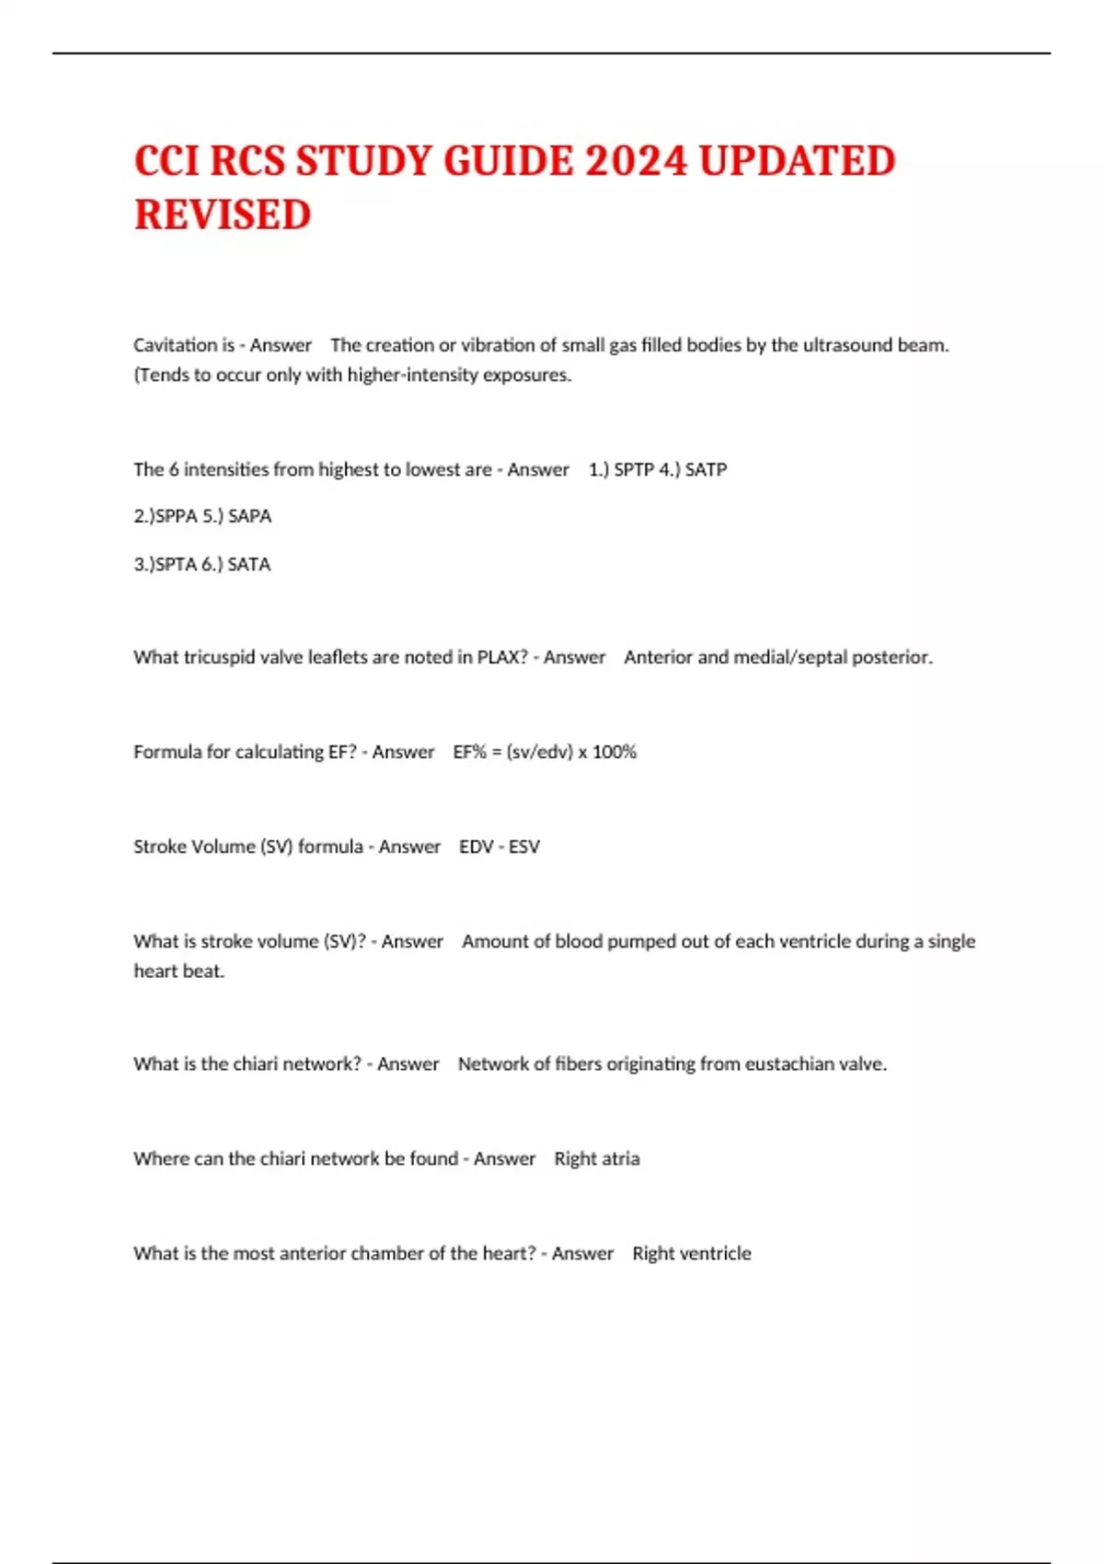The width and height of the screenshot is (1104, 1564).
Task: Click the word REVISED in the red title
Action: tap(223, 215)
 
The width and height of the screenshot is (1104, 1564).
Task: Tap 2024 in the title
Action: tap(636, 161)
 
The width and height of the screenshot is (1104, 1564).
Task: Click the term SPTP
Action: tap(634, 469)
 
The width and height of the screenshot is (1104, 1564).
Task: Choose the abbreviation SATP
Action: tap(706, 469)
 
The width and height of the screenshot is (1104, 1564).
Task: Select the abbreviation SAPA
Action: tap(249, 516)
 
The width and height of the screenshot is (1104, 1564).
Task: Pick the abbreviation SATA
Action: tap(249, 564)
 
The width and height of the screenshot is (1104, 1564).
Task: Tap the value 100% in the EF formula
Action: tap(615, 752)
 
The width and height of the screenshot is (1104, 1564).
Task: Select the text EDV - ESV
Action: tap(500, 846)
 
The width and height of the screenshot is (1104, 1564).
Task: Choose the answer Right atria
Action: tap(596, 1158)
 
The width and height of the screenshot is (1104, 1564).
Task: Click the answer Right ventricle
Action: tap(692, 1253)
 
